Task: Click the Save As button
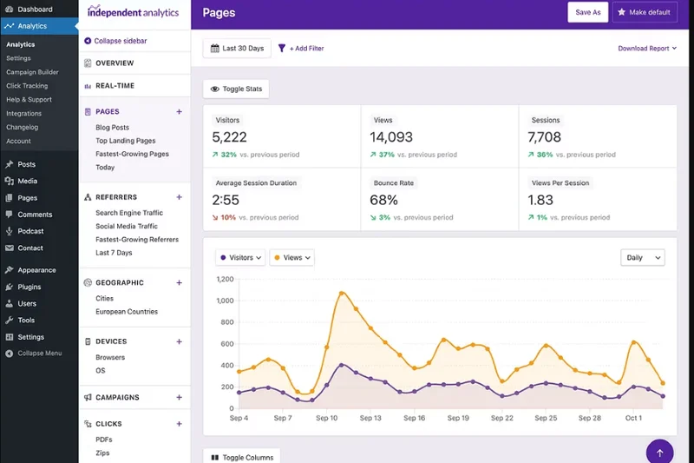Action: [x=587, y=12]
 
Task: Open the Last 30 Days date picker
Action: [x=237, y=49]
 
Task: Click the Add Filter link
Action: [x=301, y=49]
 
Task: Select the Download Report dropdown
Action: [x=647, y=49]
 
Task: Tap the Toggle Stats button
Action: [x=236, y=89]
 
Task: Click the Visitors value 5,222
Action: [x=230, y=137]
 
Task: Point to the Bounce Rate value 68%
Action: [x=383, y=200]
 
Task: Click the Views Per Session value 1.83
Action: [x=540, y=200]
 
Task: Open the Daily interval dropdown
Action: [x=642, y=258]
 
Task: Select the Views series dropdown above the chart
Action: [x=291, y=258]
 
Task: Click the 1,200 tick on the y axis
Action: [x=225, y=280]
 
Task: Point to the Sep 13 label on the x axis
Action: [x=370, y=418]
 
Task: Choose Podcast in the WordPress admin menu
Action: [x=30, y=231]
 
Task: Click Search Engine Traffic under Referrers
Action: [x=129, y=213]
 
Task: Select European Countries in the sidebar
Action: [x=127, y=312]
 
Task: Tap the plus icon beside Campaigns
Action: [x=180, y=398]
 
